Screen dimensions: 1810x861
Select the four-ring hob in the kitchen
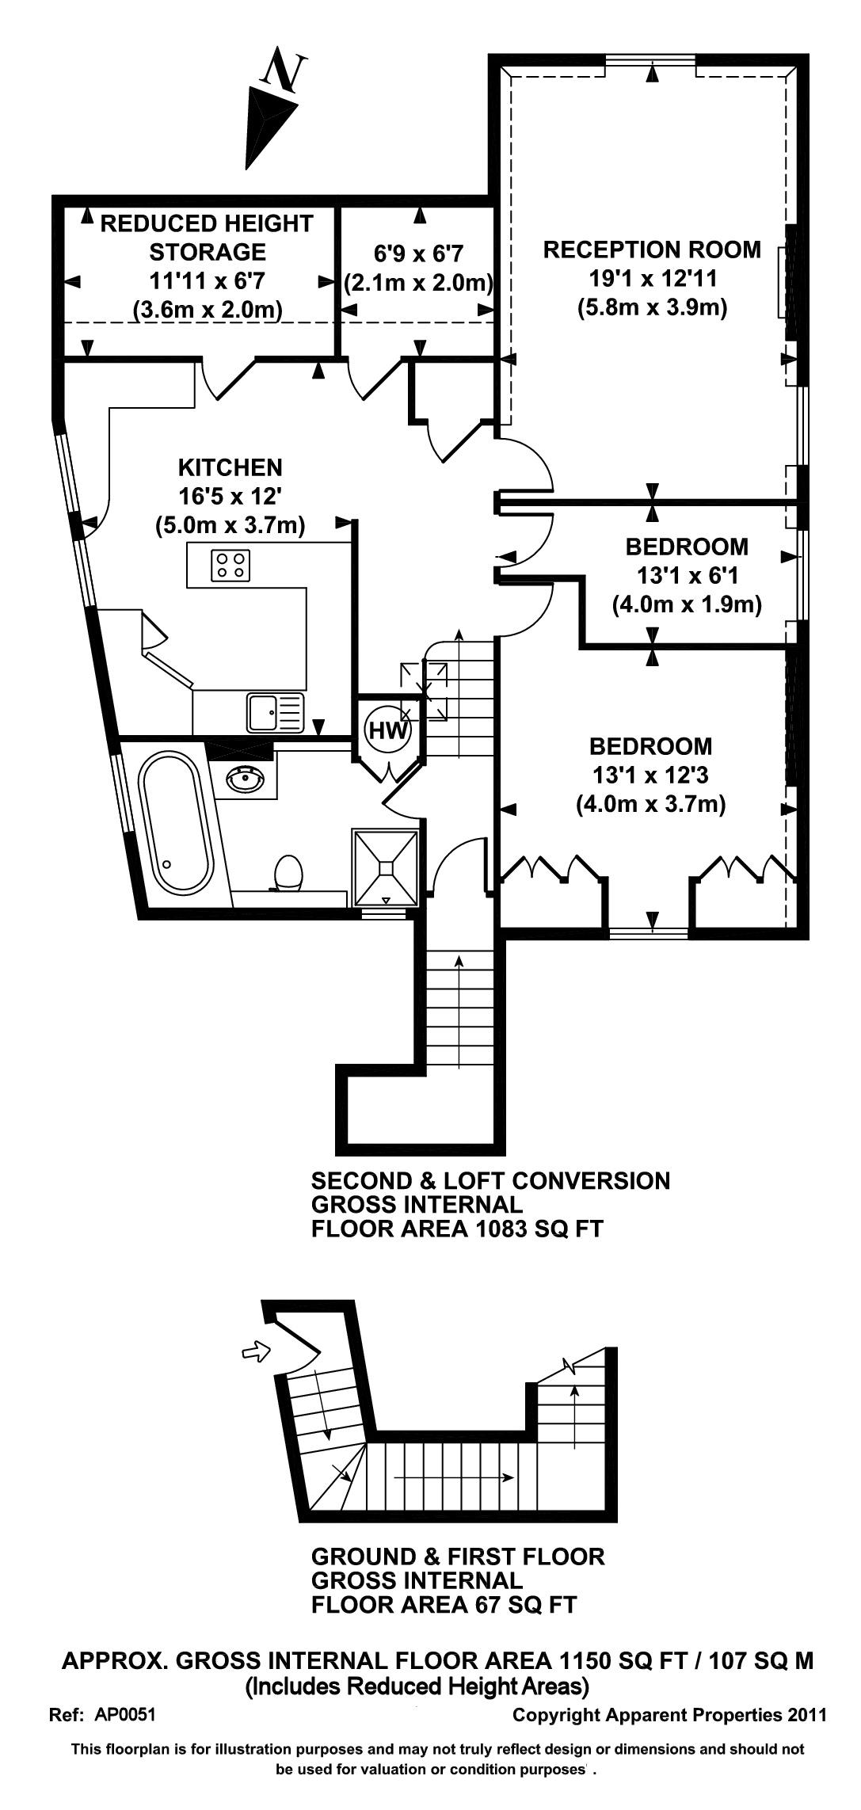230,564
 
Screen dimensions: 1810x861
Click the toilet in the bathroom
288,873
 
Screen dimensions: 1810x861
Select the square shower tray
385,867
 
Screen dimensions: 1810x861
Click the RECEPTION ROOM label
651,250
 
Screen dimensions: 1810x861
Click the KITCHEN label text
230,467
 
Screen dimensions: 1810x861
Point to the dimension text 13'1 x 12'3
650,775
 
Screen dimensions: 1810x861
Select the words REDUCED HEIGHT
207,224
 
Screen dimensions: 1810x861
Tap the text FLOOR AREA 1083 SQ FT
457,1229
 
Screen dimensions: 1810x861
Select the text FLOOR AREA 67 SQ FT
444,1605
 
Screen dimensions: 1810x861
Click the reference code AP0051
125,1715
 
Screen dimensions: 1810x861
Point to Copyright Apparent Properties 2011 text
669,1715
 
